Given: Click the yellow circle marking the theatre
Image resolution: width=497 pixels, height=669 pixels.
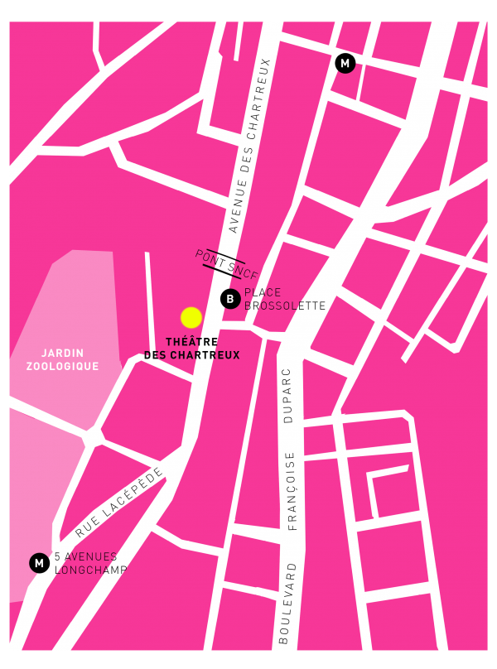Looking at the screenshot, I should click(191, 317).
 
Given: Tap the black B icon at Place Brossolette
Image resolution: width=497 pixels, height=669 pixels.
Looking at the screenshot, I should click(231, 299).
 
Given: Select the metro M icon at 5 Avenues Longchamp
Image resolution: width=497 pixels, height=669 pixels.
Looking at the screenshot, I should click(38, 563).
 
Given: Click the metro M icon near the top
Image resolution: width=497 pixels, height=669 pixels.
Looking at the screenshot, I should click(345, 63).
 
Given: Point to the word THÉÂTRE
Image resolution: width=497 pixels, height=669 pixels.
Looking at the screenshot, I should click(191, 342).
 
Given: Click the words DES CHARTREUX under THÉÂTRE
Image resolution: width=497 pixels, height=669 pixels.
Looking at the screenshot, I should click(191, 355).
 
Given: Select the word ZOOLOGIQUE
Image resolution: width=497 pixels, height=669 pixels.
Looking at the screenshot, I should click(62, 366).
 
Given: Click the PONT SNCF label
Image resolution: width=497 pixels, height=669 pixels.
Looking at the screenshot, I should click(226, 263).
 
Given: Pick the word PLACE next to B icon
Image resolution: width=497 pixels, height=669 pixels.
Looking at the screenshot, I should click(263, 292).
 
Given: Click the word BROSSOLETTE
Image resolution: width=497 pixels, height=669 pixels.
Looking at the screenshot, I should click(285, 306).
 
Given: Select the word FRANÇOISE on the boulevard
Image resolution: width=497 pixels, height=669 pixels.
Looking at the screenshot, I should click(291, 489).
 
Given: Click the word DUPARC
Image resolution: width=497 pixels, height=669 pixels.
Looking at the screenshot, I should click(289, 396).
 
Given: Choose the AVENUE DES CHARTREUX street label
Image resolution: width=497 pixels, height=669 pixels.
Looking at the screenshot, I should click(250, 146).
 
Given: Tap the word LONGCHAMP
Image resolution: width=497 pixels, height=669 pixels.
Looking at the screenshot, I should click(90, 570).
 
